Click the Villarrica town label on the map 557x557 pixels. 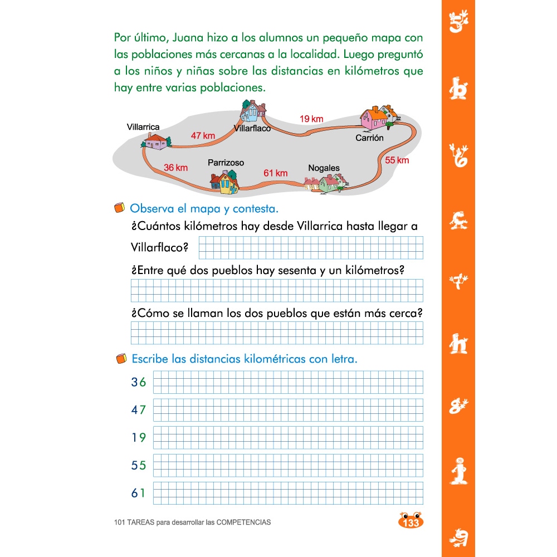[x=143, y=127]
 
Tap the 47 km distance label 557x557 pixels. [x=203, y=135]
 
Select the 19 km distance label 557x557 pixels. [x=311, y=119]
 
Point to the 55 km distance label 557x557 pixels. [x=397, y=160]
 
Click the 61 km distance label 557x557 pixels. [x=275, y=173]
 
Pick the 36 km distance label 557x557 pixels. [x=175, y=167]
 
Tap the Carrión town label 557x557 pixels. [x=370, y=138]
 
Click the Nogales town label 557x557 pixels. [x=324, y=168]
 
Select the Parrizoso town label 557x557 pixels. [x=226, y=163]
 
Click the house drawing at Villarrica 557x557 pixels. [x=155, y=141]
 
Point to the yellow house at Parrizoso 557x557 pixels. [x=224, y=182]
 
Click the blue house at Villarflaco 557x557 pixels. [x=252, y=111]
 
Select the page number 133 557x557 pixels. [x=411, y=522]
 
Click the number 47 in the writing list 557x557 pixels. [x=138, y=410]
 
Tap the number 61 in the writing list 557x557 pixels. [x=138, y=493]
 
